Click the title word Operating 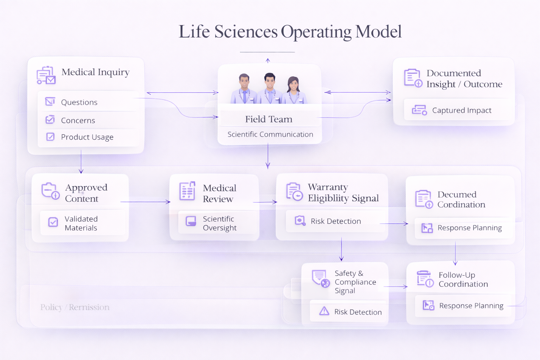[316, 32]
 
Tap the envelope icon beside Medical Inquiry [46, 75]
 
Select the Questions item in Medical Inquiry [79, 102]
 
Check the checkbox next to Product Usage [50, 137]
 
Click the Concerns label [78, 121]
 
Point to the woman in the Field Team [294, 90]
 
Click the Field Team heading [269, 119]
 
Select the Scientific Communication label [270, 134]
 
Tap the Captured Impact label [462, 110]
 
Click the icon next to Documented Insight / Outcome [413, 78]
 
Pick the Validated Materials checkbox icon [53, 222]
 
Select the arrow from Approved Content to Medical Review [145, 202]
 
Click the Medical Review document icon [187, 191]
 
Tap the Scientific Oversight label [219, 223]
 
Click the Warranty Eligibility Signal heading [343, 193]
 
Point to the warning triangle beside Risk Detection [324, 311]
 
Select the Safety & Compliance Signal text [355, 282]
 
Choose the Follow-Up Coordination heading [463, 279]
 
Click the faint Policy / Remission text [75, 307]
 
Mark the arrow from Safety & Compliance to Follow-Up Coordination [396, 287]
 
